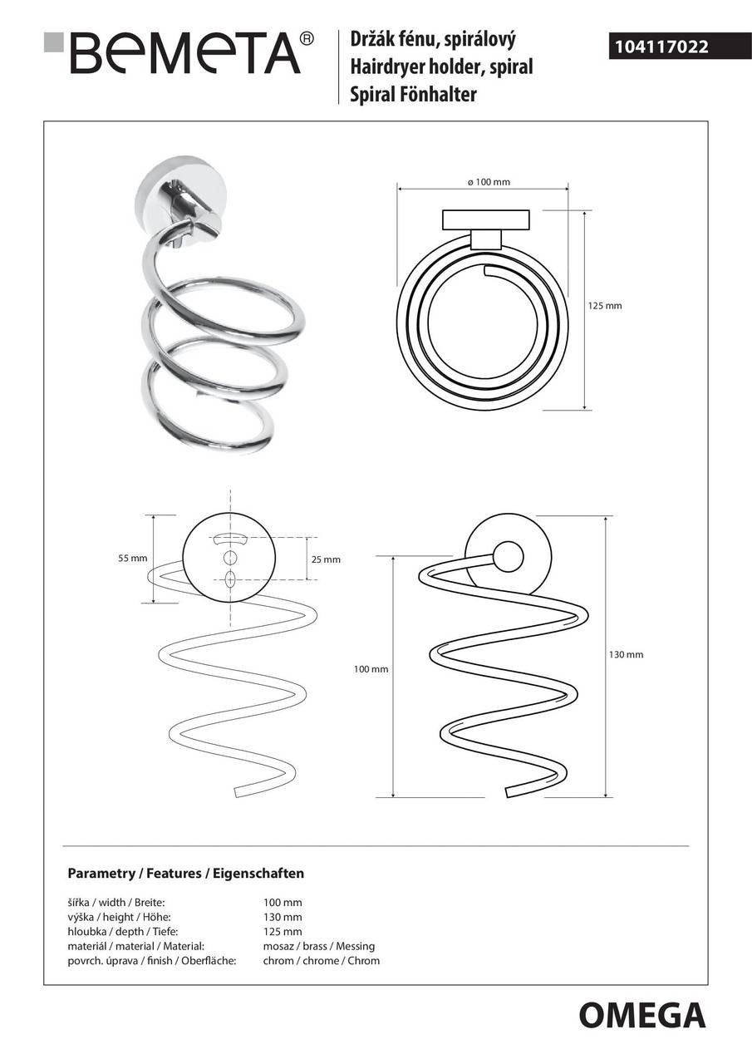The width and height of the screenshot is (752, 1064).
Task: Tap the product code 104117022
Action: [x=661, y=47]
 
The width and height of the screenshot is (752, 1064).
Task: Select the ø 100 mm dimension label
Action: [x=489, y=182]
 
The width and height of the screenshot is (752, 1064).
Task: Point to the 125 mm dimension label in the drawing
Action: [x=605, y=306]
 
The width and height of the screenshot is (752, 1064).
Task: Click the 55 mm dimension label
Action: [x=133, y=559]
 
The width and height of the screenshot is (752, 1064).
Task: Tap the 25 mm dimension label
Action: [x=327, y=559]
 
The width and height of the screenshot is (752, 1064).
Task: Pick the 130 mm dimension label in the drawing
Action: [x=627, y=654]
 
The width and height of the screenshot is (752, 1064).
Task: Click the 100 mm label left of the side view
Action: [x=371, y=669]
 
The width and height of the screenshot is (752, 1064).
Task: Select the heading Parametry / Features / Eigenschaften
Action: [x=185, y=873]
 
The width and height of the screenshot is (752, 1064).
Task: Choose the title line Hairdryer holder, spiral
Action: [x=441, y=66]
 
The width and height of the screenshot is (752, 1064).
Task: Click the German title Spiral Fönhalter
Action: [x=413, y=94]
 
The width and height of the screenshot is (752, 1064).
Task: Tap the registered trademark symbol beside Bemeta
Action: [x=307, y=38]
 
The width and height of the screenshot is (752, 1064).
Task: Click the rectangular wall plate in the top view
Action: [x=485, y=220]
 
